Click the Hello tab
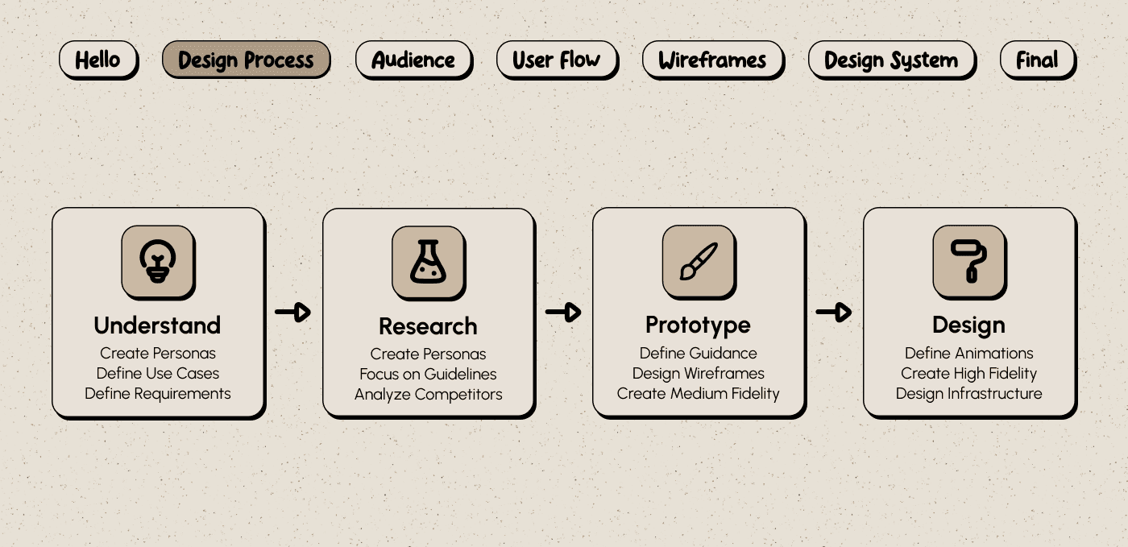tap(97, 60)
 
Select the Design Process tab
tap(246, 60)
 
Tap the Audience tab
tap(413, 60)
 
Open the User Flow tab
tap(557, 60)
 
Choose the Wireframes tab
tap(712, 60)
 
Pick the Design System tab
tap(891, 60)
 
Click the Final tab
tap(1037, 60)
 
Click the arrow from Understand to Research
tap(292, 312)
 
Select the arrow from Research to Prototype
tap(563, 312)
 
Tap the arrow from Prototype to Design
tap(834, 312)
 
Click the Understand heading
tap(157, 325)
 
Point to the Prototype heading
tap(698, 325)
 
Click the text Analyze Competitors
tap(428, 394)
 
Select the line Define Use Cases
tap(158, 373)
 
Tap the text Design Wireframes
tap(698, 373)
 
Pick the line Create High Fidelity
tap(968, 373)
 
